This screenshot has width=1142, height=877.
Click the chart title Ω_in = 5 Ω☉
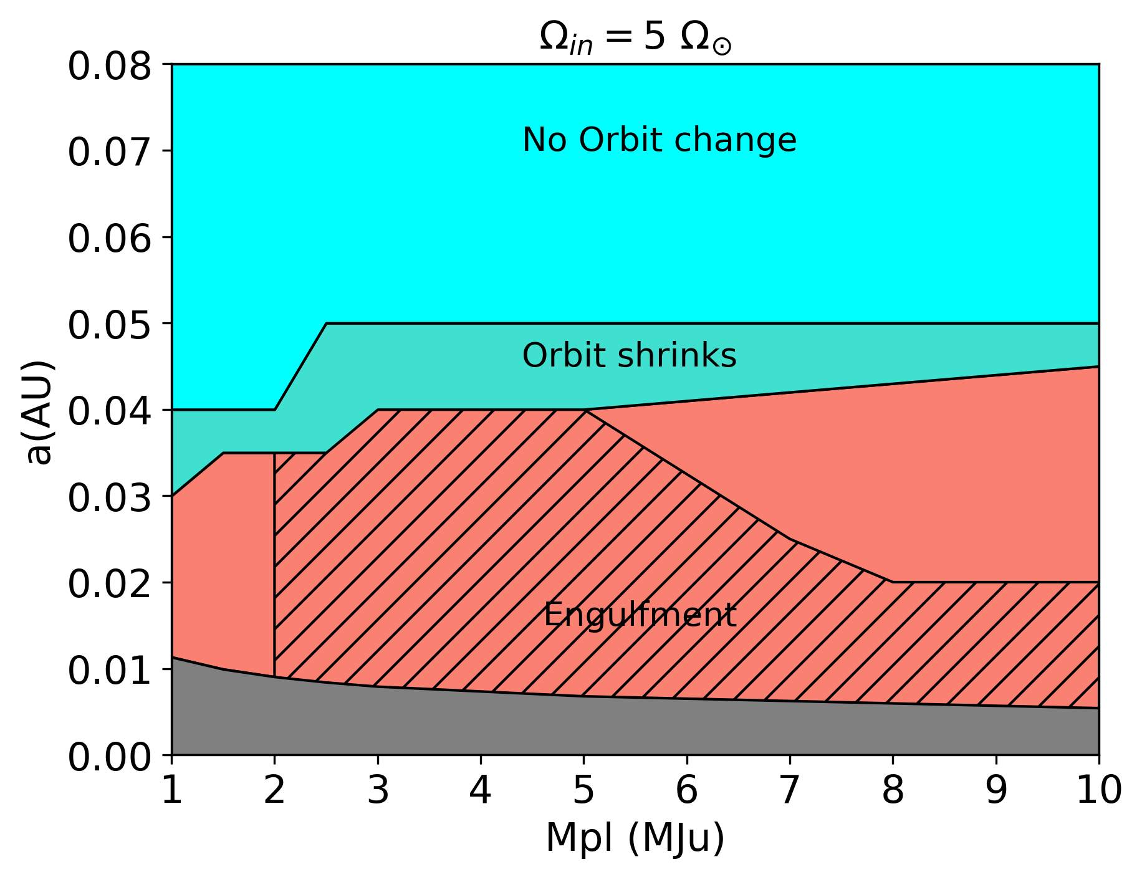click(635, 39)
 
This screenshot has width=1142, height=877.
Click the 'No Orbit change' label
click(659, 140)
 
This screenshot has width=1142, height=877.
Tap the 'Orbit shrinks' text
click(629, 356)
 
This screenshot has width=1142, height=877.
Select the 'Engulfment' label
click(640, 615)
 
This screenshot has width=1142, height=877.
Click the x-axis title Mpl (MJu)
click(635, 837)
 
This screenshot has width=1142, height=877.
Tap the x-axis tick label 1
click(172, 790)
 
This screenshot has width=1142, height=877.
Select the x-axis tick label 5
click(583, 790)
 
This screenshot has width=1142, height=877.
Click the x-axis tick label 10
click(1098, 790)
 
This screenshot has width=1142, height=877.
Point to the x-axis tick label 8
click(893, 790)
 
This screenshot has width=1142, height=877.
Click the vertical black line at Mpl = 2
click(274, 561)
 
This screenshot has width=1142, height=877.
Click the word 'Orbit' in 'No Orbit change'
click(618, 140)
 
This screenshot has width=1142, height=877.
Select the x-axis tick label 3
click(378, 790)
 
